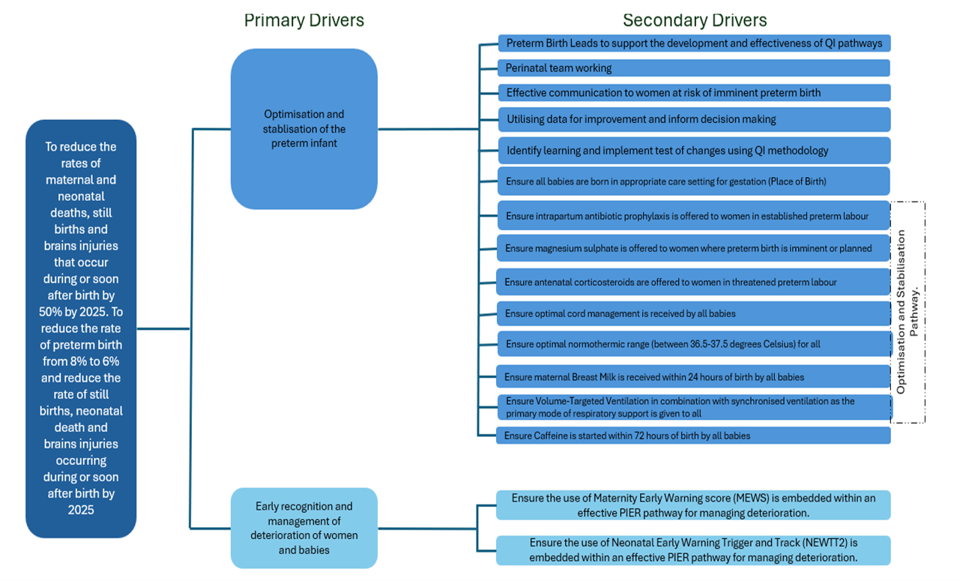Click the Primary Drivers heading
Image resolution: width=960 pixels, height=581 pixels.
304,20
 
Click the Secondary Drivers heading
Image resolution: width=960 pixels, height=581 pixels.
695,20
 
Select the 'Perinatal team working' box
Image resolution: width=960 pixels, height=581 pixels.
693,68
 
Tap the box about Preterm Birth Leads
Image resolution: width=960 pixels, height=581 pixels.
693,43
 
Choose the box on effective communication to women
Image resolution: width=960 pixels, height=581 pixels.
693,93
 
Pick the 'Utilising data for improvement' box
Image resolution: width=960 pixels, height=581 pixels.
693,119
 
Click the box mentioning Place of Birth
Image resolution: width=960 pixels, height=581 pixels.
693,181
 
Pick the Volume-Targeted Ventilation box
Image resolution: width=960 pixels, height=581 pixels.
693,407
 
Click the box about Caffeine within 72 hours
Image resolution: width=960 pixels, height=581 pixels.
693,436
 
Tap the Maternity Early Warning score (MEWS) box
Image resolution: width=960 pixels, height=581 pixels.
693,505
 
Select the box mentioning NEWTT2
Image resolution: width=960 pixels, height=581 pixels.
693,550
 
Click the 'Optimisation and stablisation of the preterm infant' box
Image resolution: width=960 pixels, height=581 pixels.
304,128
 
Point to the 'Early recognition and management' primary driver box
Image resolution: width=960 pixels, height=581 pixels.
304,528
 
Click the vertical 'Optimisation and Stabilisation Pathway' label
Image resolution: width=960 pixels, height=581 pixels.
907,311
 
